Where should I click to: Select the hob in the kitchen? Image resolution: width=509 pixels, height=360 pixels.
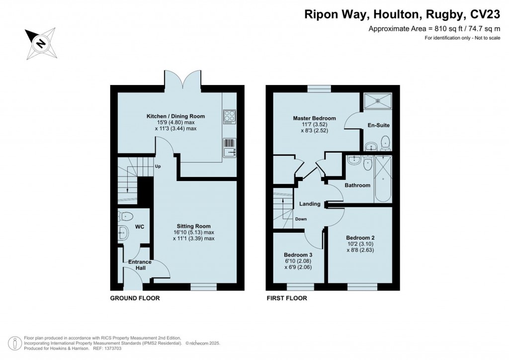click(230, 116)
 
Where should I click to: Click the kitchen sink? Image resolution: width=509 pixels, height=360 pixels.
click(230, 148)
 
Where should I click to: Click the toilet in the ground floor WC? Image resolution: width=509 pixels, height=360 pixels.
click(126, 216)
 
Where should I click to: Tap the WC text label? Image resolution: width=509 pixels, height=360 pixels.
click(140, 227)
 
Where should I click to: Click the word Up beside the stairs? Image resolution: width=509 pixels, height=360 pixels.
click(158, 167)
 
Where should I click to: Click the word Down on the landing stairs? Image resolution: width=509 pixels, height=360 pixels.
click(301, 219)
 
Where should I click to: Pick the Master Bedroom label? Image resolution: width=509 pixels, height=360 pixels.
click(314, 118)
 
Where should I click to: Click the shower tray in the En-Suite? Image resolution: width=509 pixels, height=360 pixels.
click(377, 101)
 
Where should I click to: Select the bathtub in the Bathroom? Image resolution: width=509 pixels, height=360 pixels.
click(383, 178)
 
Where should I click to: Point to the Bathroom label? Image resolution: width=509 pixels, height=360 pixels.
click(358, 185)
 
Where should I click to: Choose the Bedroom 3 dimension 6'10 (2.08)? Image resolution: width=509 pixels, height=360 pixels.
click(297, 262)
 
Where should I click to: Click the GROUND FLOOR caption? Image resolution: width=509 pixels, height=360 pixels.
click(134, 298)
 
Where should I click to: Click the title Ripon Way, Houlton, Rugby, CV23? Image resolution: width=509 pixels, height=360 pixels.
click(402, 14)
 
